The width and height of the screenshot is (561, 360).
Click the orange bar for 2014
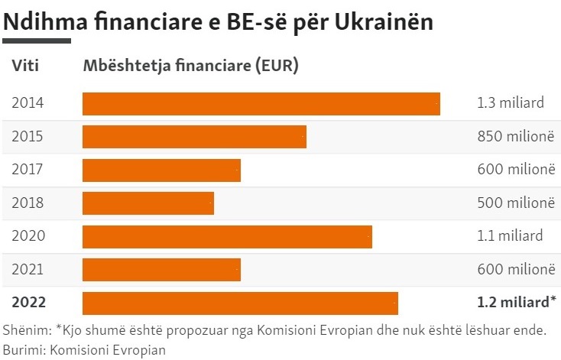pyautogui.click(x=261, y=103)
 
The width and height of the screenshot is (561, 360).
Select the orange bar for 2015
pyautogui.click(x=194, y=137)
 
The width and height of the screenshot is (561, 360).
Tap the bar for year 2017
pyautogui.click(x=161, y=170)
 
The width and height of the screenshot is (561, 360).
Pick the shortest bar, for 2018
pyautogui.click(x=148, y=203)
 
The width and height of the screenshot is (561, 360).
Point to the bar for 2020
pyautogui.click(x=227, y=236)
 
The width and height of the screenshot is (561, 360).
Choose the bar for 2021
pyautogui.click(x=161, y=269)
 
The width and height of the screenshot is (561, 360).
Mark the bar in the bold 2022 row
pyautogui.click(x=240, y=303)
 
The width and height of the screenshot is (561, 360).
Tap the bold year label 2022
pyautogui.click(x=28, y=303)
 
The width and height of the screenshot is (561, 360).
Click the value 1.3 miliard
pyautogui.click(x=510, y=103)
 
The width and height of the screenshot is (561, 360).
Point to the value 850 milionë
pyautogui.click(x=514, y=137)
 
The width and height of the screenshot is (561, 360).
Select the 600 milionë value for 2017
pyautogui.click(x=514, y=170)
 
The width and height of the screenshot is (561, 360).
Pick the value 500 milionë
pyautogui.click(x=514, y=203)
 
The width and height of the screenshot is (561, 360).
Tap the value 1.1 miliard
pyautogui.click(x=510, y=236)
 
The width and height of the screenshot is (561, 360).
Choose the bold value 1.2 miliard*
pyautogui.click(x=516, y=303)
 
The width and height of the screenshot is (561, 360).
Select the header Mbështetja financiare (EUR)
pyautogui.click(x=190, y=66)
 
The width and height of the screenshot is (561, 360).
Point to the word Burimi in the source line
pyautogui.click(x=23, y=349)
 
